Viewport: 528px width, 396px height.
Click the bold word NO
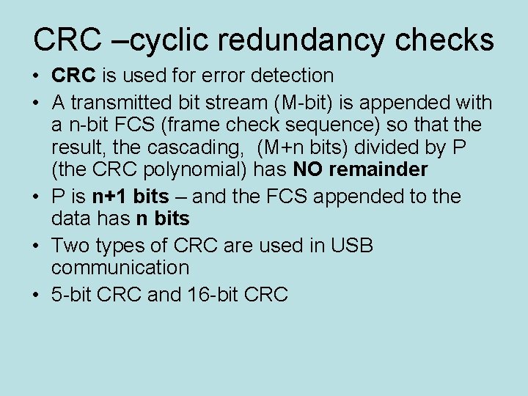pos(307,169)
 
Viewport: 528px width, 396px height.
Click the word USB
pos(353,245)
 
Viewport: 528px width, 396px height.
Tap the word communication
pos(120,267)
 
